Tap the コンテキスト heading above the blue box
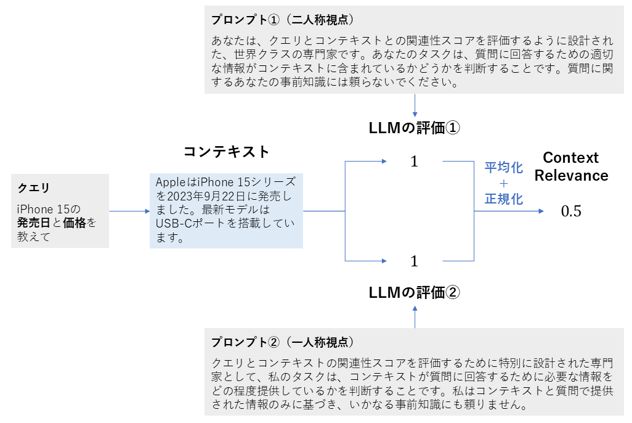click(227, 152)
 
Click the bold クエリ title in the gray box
click(33, 187)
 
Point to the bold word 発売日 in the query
click(30, 223)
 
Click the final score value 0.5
click(571, 212)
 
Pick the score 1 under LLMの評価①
click(414, 162)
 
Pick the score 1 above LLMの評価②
click(414, 261)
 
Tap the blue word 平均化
click(503, 167)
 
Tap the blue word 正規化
click(503, 199)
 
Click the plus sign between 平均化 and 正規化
click(503, 183)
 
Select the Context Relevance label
click(571, 166)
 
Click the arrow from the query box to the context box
click(129, 212)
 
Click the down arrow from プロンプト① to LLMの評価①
click(415, 105)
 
